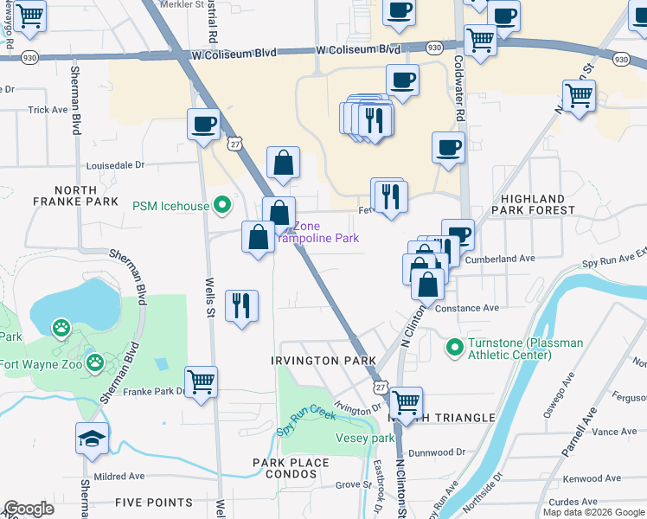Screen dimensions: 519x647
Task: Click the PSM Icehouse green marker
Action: click(x=222, y=206)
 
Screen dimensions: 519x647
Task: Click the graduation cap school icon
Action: click(x=92, y=440)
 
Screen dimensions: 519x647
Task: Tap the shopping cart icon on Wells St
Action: click(x=202, y=381)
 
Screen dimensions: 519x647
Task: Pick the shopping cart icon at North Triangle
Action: click(x=406, y=402)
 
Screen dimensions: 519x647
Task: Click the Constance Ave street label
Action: click(x=467, y=308)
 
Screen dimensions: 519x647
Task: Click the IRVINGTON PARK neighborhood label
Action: click(x=323, y=361)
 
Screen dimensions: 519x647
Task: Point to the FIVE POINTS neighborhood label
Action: click(x=153, y=503)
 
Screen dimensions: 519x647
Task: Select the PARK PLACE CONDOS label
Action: click(x=291, y=463)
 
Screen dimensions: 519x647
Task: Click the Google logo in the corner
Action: click(x=29, y=509)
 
